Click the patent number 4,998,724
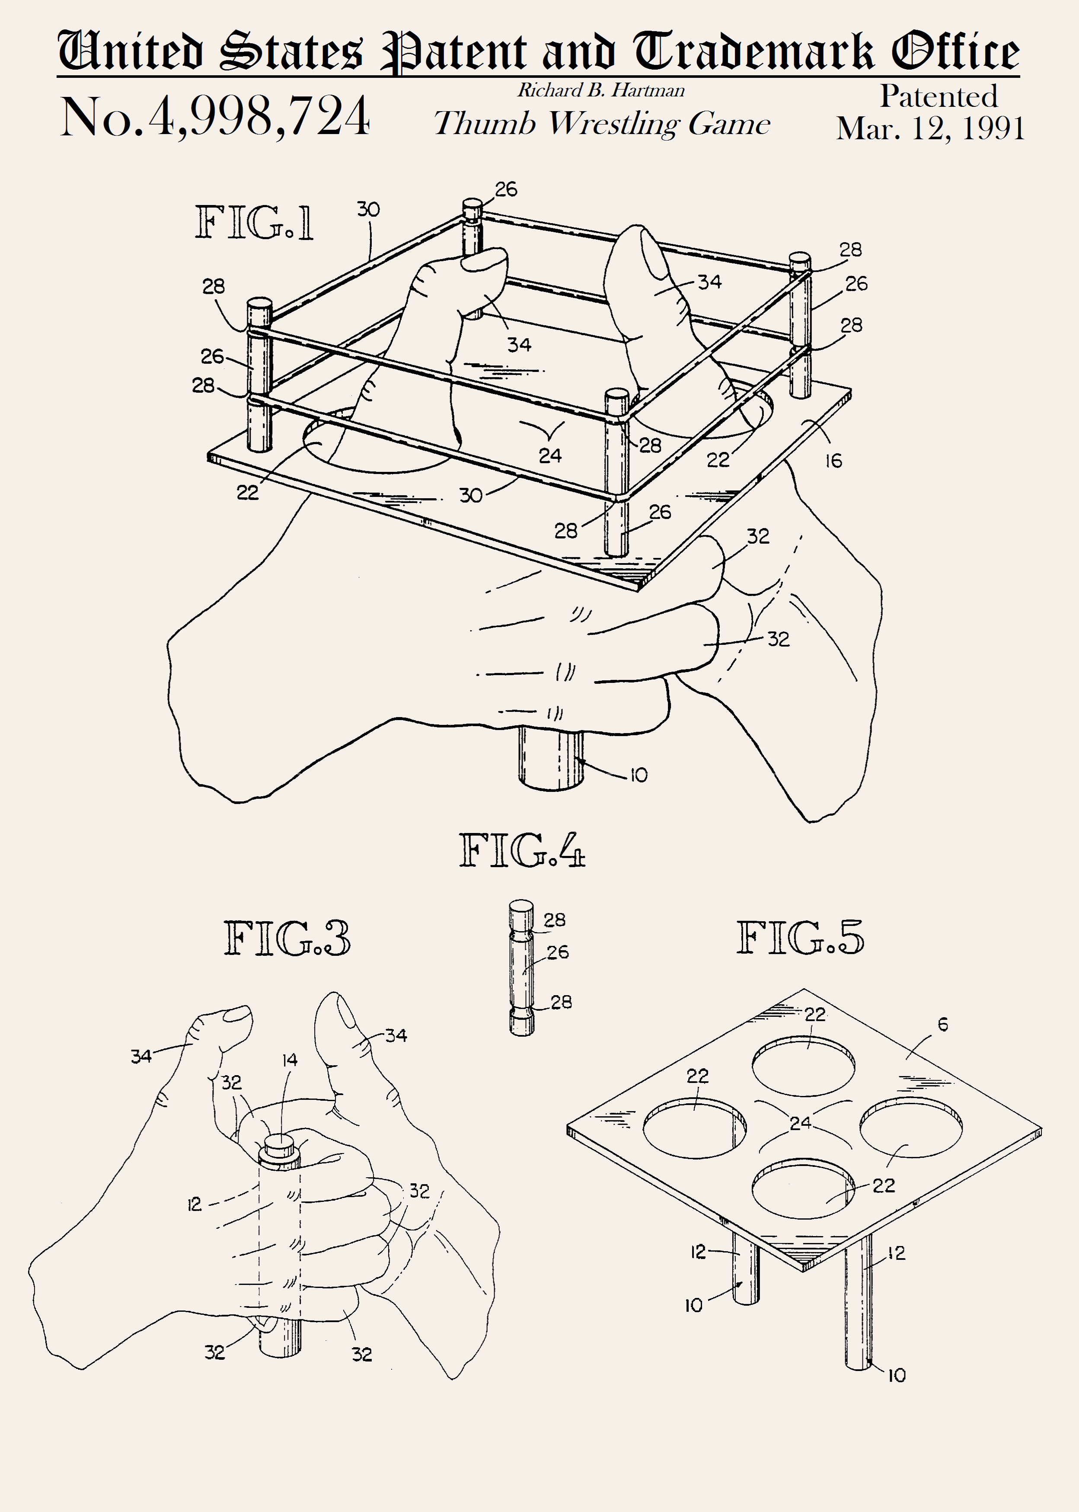[259, 116]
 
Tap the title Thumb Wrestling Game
[602, 124]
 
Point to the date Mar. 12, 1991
[930, 128]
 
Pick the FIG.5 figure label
[800, 937]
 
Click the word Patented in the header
[939, 96]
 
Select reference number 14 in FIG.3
[290, 1060]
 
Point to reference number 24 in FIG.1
[550, 455]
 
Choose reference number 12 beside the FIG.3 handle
[194, 1204]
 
